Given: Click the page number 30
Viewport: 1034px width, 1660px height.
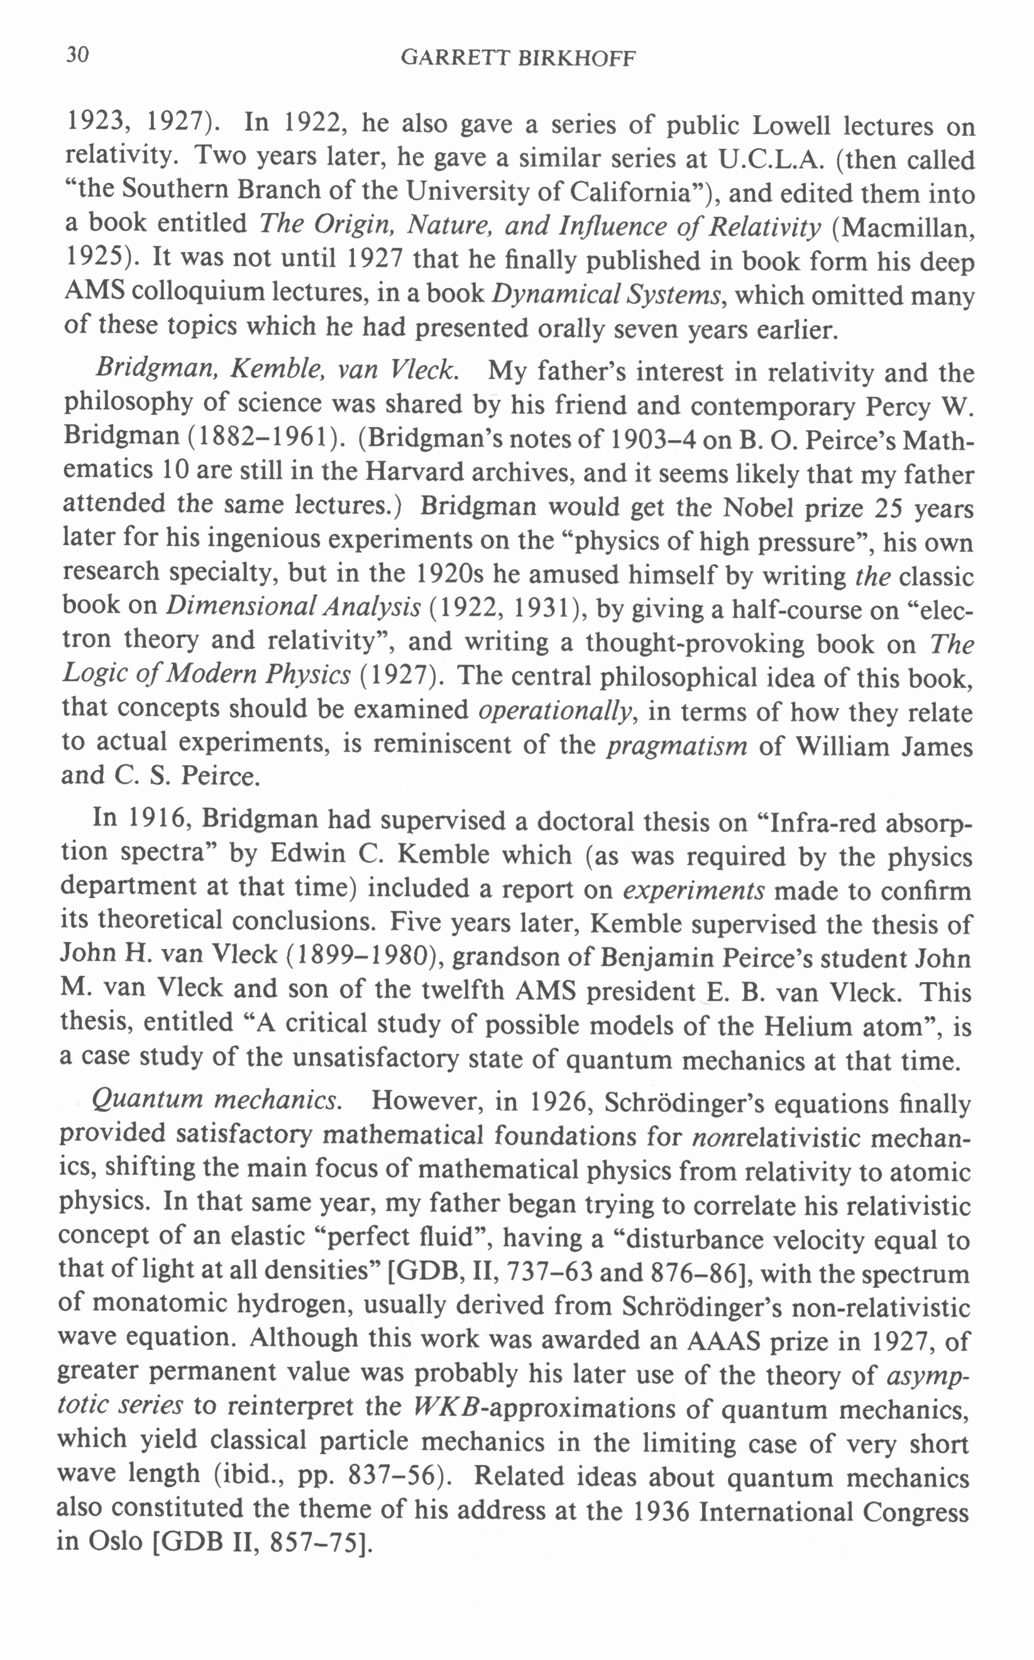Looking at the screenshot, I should [x=77, y=55].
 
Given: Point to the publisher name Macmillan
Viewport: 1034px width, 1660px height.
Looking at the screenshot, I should [x=906, y=227].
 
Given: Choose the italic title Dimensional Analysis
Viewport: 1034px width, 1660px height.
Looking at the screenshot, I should [x=294, y=607].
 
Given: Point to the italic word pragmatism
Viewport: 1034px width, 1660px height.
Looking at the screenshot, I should [x=677, y=745].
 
